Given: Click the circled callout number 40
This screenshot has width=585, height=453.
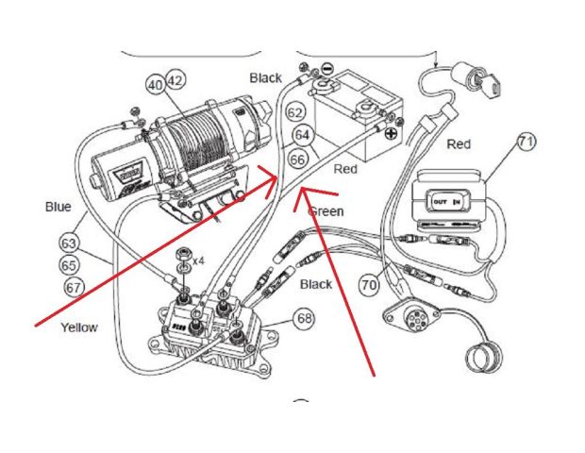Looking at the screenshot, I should point(155,84).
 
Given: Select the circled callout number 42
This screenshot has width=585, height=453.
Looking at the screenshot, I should point(174,79).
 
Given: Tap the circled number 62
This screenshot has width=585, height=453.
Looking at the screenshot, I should point(295,113).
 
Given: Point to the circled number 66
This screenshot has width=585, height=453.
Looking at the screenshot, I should point(296,159).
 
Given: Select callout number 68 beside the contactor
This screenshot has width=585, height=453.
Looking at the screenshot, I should point(303,319).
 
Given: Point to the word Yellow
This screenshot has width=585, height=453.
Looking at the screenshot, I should point(79,327).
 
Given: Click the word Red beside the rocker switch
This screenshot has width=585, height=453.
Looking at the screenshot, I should point(460,144).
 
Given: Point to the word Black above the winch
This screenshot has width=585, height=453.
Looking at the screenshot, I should point(265,76).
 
